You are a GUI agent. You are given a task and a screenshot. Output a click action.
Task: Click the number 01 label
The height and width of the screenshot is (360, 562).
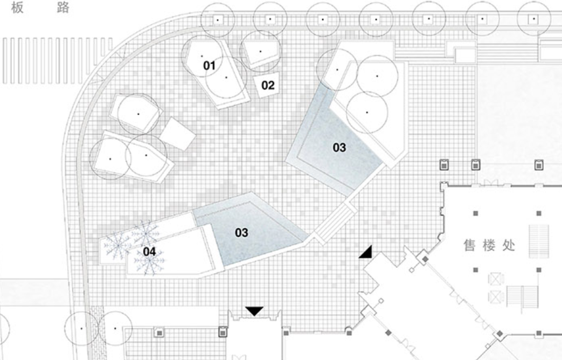point(209,66)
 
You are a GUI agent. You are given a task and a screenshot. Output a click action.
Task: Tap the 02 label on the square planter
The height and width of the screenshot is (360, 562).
point(268,85)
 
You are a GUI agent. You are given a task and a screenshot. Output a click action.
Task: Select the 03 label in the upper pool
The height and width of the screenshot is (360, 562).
point(339,147)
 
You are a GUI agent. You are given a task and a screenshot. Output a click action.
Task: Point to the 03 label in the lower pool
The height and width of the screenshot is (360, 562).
point(241,232)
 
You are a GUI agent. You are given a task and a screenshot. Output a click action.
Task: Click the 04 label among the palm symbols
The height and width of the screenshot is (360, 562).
point(149,251)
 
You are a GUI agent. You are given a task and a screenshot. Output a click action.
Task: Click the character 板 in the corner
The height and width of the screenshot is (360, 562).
point(17,9)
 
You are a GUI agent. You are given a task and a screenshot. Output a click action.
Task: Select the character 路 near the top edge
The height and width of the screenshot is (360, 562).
point(63,9)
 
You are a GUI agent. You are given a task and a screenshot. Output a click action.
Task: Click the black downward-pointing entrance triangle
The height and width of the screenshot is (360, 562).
point(255,311)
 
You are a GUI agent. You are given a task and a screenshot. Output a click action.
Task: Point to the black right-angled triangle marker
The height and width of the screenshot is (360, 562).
point(366,251)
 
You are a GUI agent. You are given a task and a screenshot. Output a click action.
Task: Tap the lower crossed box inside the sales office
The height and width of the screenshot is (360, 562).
point(495,296)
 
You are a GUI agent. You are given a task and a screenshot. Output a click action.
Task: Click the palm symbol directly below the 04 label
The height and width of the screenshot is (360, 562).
point(149,264)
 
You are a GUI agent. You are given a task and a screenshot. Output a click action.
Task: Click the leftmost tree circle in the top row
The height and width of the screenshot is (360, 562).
point(217,19)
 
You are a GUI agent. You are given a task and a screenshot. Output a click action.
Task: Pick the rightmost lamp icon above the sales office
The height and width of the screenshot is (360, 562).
point(538,164)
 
